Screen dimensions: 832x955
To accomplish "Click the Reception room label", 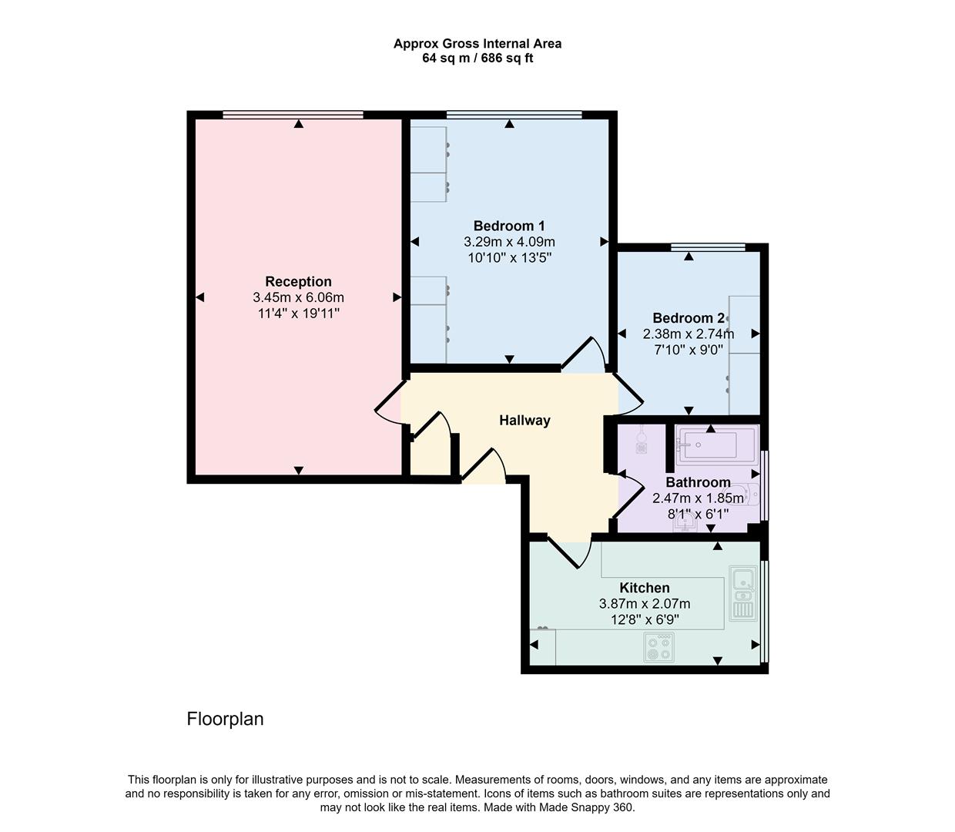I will (x=298, y=282).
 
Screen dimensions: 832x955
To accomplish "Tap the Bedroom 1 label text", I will (x=509, y=226).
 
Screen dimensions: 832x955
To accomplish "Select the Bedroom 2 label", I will (x=688, y=318).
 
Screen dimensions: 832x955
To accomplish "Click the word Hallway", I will (x=524, y=421).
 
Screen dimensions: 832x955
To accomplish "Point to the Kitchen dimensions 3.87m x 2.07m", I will (x=645, y=604).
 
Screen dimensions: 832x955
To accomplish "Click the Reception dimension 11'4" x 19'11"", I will (x=298, y=314).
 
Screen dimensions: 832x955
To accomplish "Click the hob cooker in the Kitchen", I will (x=658, y=647).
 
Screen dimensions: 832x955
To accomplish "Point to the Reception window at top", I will (x=293, y=116).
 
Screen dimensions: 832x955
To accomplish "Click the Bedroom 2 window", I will (x=708, y=247).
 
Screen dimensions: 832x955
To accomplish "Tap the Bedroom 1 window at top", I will (x=514, y=116).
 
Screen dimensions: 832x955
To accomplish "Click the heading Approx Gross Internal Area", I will (x=477, y=44).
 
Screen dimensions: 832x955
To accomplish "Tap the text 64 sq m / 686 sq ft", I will (x=477, y=59).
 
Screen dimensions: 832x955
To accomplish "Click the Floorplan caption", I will (x=225, y=719).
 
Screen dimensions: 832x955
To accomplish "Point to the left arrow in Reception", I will (x=200, y=297).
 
